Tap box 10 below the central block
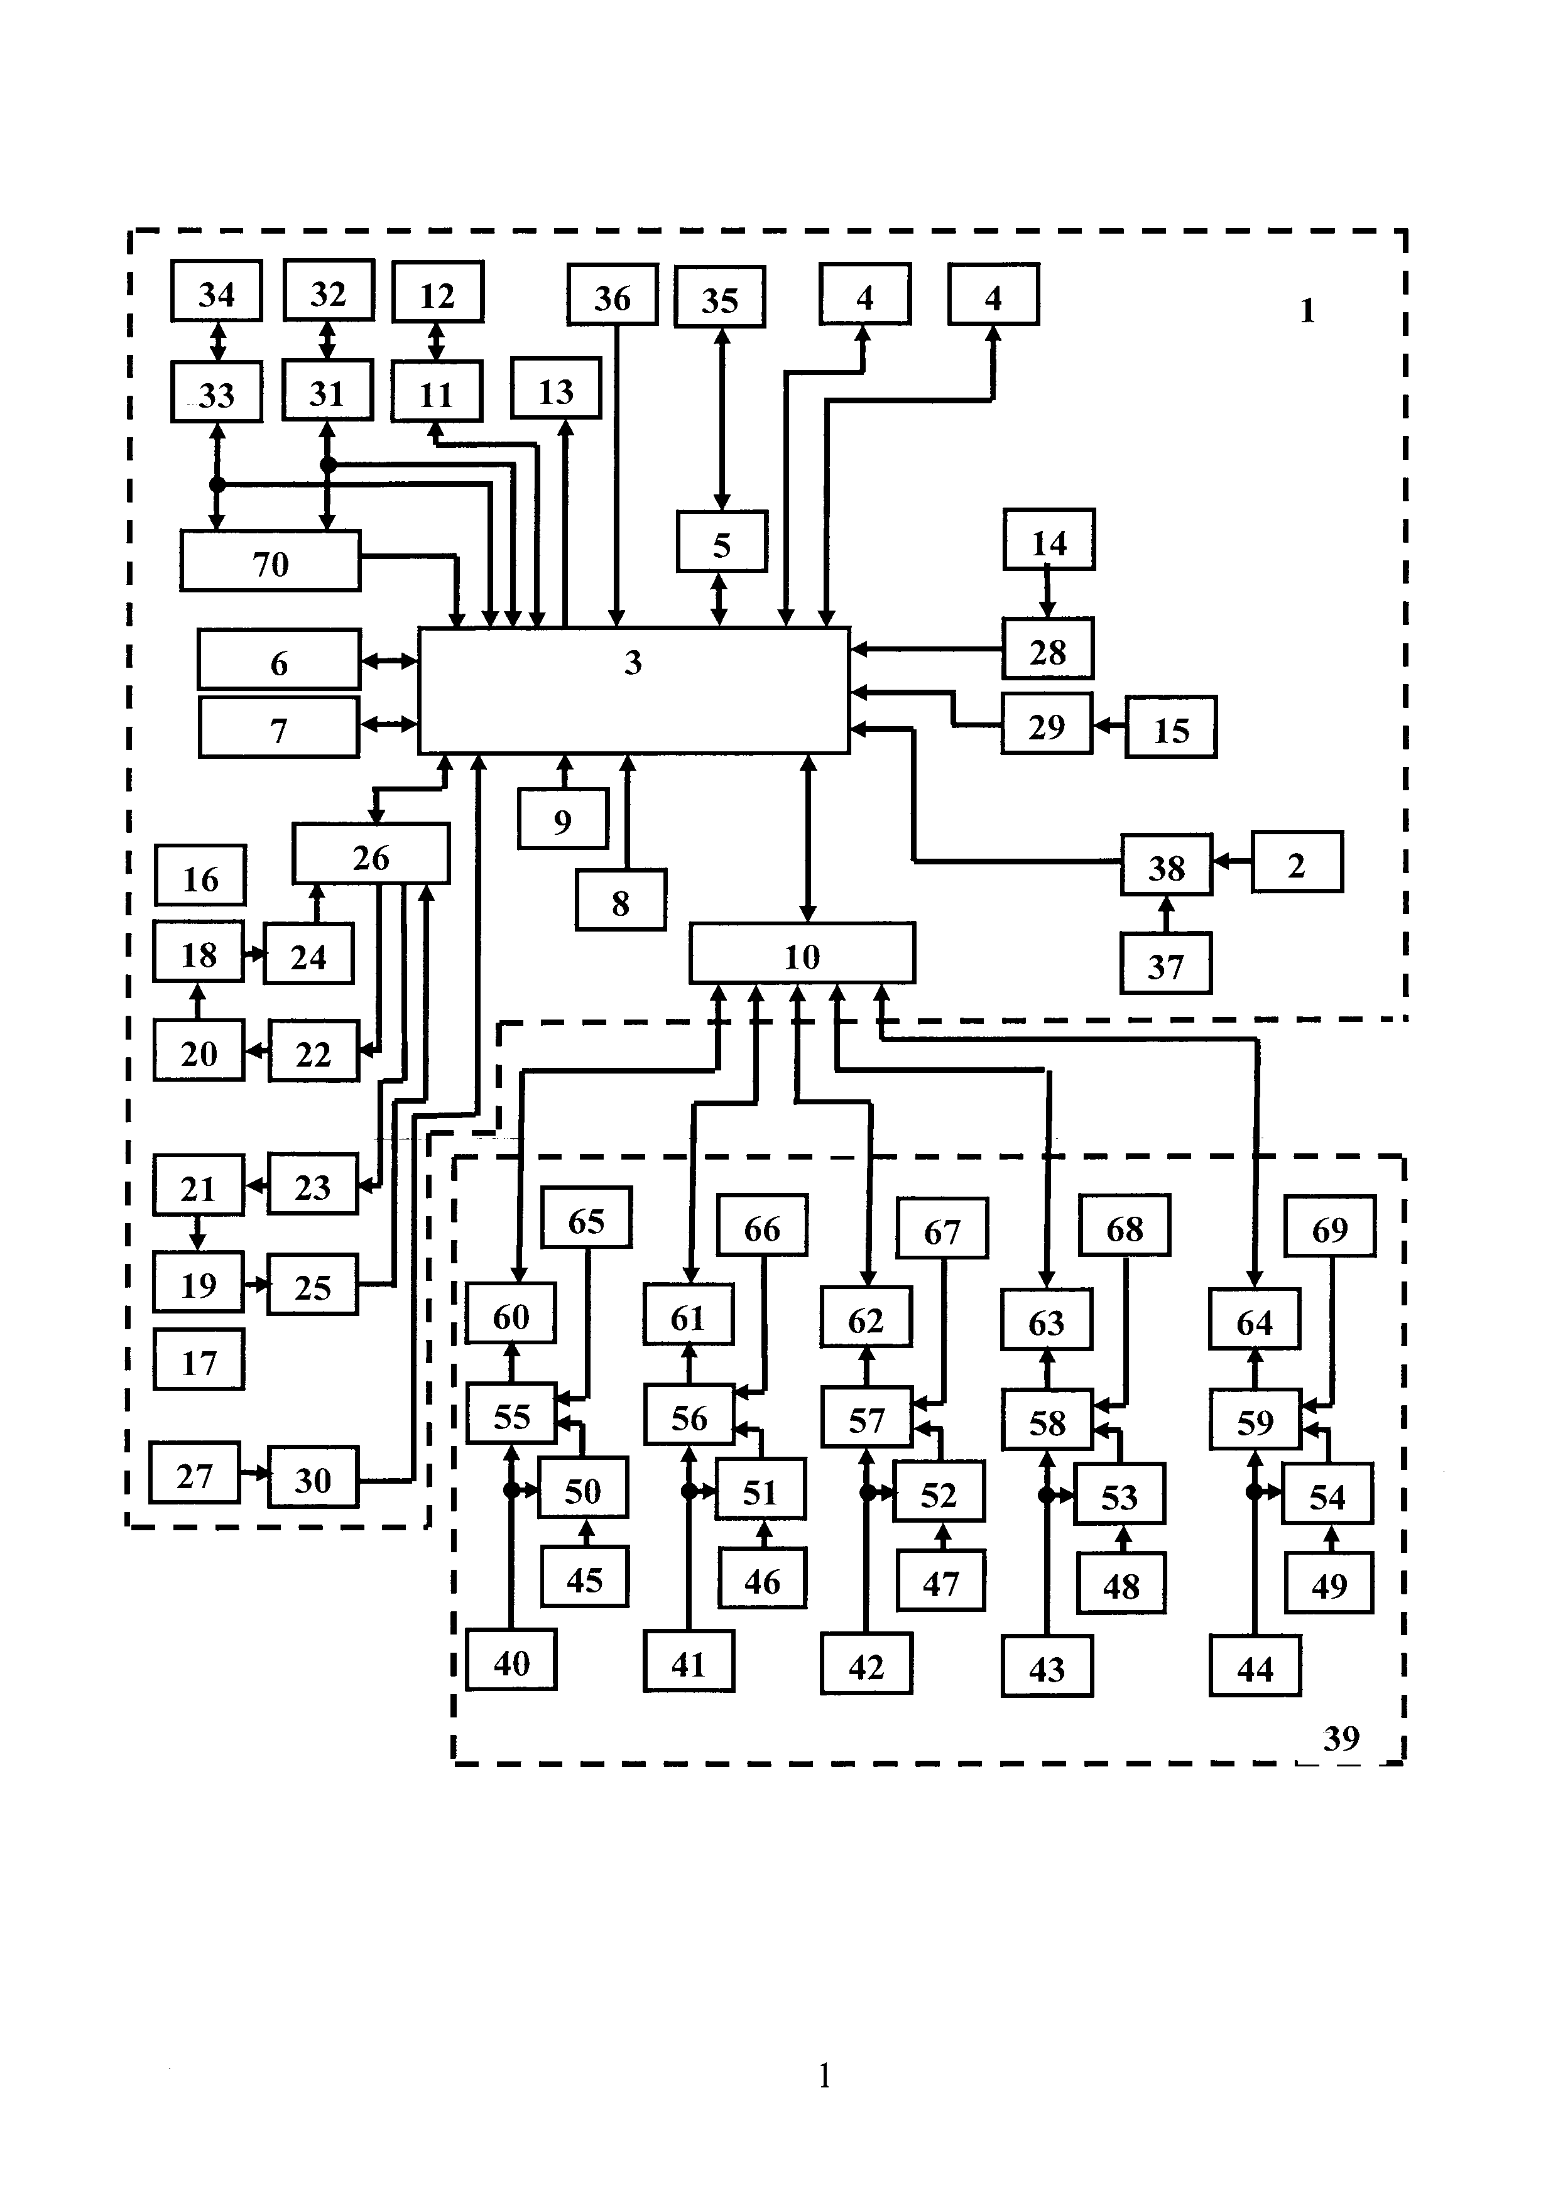pyautogui.click(x=802, y=954)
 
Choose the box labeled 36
pyautogui.click(x=612, y=295)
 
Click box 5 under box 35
pyautogui.click(x=721, y=542)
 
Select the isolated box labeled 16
pyautogui.click(x=200, y=876)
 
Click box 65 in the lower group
pyautogui.click(x=586, y=1219)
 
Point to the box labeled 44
pyautogui.click(x=1254, y=1668)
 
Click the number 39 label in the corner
pyautogui.click(x=1341, y=1738)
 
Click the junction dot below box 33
pyautogui.click(x=218, y=484)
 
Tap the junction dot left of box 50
pyautogui.click(x=511, y=1490)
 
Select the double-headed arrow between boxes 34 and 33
pyautogui.click(x=218, y=342)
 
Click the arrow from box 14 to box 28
pyautogui.click(x=1048, y=594)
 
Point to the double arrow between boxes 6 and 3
pyautogui.click(x=389, y=660)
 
